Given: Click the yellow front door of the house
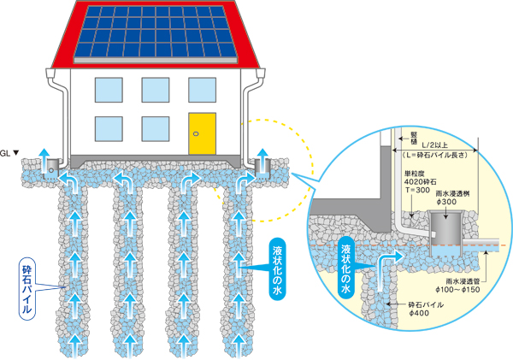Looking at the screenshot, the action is [x=202, y=133].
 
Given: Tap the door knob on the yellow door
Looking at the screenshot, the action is [x=196, y=133].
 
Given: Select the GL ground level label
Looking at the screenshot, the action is [x=9, y=153].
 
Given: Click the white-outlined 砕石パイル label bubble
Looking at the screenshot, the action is [x=27, y=289].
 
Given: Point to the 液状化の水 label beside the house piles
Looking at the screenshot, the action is [x=277, y=269].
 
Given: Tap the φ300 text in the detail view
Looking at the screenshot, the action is [x=446, y=202].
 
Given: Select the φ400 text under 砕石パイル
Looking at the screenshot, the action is [x=419, y=313].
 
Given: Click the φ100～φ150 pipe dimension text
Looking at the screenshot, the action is [x=457, y=289].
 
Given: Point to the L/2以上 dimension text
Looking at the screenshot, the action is [x=435, y=145].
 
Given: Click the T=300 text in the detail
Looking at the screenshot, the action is [x=417, y=190].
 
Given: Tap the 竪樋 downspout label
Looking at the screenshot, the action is [x=414, y=139].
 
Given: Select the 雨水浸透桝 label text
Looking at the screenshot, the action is [x=453, y=194].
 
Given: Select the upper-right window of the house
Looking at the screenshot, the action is [x=202, y=90].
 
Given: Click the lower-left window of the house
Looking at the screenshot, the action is [x=109, y=129].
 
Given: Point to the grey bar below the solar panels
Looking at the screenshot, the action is [x=156, y=61].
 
